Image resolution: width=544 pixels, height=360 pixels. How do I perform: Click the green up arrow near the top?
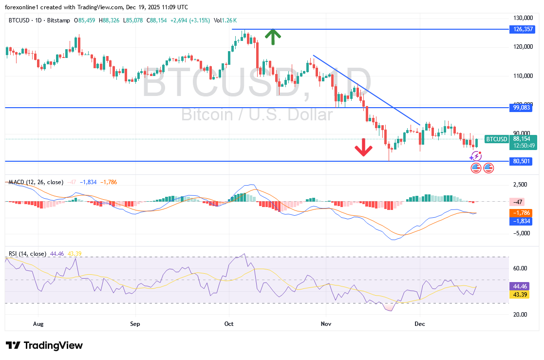point(273,37)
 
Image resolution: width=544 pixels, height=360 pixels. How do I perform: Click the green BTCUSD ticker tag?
point(497,139)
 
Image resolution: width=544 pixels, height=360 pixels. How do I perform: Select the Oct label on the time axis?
point(229,322)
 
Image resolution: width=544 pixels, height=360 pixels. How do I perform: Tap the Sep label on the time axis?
point(135,322)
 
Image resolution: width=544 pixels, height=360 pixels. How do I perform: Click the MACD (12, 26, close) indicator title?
point(36,182)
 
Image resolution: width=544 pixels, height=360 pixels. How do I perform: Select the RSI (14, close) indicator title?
point(27,254)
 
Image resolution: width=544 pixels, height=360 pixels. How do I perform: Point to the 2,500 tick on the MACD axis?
point(520,185)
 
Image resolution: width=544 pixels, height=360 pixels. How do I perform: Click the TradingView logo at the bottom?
point(44,345)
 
